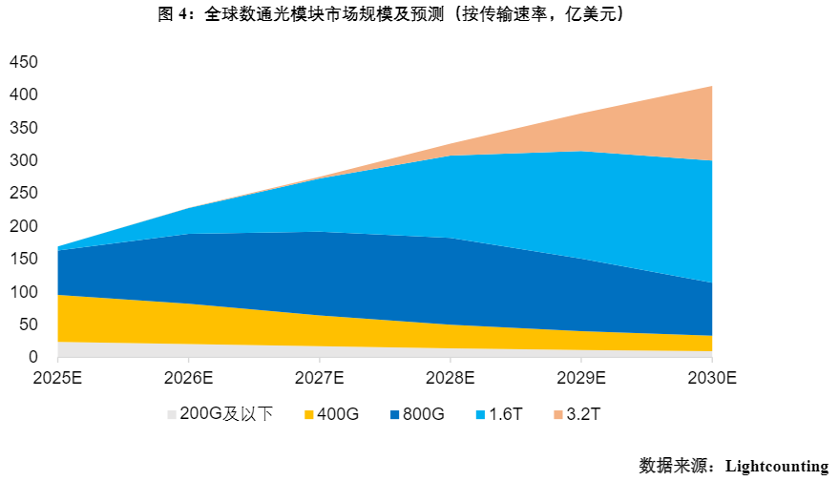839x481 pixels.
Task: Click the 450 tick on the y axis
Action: [x=24, y=62]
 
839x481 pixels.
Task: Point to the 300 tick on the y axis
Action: [x=24, y=160]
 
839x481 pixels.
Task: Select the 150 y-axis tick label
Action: [x=24, y=259]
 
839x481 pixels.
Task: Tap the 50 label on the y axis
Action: [x=28, y=324]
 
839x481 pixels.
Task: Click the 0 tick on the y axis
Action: [x=32, y=357]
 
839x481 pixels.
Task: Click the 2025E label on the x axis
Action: [x=58, y=377]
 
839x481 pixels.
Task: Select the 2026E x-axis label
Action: [x=189, y=377]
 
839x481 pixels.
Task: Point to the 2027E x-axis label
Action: [x=320, y=377]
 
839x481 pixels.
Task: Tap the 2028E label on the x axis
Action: [x=451, y=377]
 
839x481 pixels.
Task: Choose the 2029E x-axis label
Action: [x=581, y=377]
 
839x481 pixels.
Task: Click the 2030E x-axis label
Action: [x=712, y=377]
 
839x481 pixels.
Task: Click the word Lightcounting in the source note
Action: [x=776, y=466]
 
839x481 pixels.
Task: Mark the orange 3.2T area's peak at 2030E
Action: [x=711, y=87]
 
